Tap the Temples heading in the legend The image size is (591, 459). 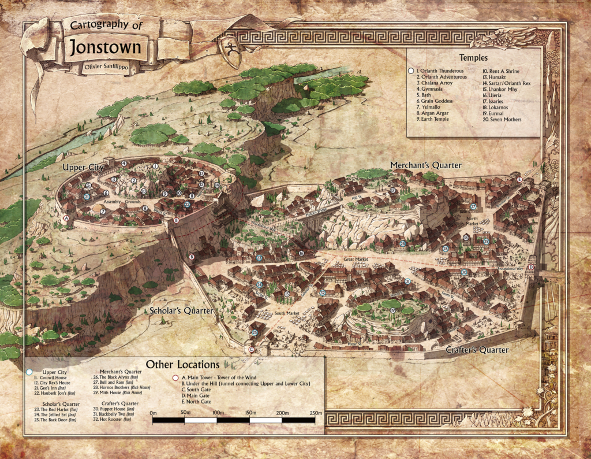tap(473, 58)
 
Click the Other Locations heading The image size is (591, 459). tap(182, 365)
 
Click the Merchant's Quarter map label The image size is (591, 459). tap(425, 165)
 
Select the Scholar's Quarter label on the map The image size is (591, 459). tap(180, 311)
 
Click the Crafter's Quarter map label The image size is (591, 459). tap(477, 350)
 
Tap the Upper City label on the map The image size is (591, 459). tap(83, 168)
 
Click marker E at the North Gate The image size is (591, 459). tap(519, 180)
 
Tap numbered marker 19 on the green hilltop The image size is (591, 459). tap(392, 311)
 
